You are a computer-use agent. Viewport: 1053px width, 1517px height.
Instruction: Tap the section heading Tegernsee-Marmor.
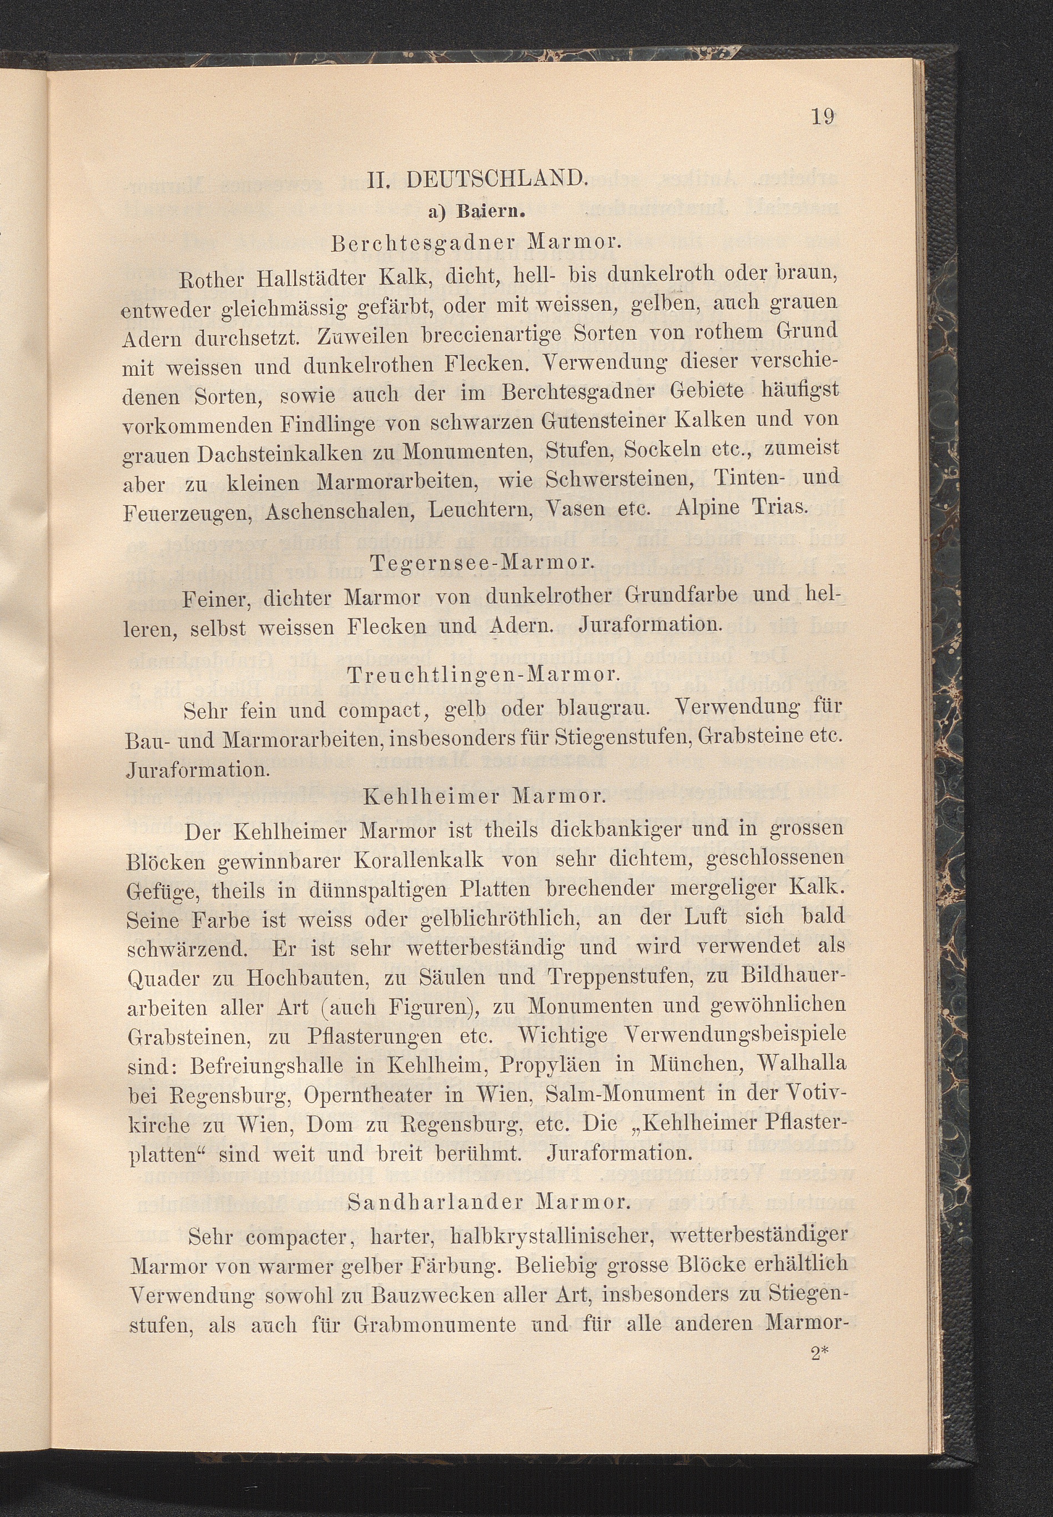click(483, 563)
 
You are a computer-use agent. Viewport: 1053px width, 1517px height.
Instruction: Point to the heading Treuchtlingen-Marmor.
click(482, 676)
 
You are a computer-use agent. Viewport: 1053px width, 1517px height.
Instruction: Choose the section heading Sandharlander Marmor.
click(489, 1202)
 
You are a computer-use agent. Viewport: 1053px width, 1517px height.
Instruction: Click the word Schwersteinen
click(619, 481)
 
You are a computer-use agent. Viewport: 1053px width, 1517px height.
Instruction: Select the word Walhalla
click(802, 1064)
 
